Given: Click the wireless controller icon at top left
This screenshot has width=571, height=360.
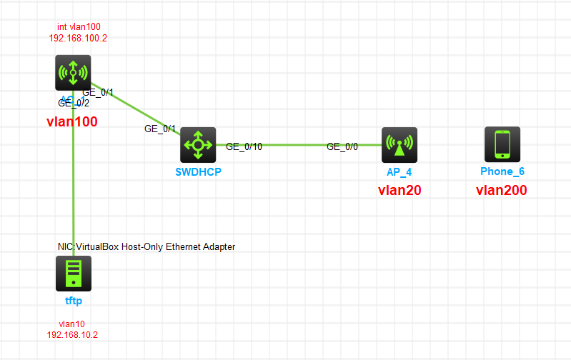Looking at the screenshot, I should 73,73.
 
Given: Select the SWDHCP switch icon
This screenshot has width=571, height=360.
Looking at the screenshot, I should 198,145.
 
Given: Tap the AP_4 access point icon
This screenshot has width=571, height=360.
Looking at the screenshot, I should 399,145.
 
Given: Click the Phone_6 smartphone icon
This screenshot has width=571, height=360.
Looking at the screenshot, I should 502,144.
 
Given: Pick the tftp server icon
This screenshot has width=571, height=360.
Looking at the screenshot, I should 74,273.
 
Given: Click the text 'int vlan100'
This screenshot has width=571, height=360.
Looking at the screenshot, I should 79,26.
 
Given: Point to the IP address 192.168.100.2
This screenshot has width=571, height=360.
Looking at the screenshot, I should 79,38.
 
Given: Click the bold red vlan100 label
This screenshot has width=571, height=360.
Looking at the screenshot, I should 71,122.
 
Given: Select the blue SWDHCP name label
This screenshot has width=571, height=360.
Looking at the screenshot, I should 198,172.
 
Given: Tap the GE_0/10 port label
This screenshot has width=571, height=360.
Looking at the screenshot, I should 244,146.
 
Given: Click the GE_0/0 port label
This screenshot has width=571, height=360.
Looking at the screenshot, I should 342,146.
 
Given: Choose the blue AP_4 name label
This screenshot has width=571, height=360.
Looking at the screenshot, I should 399,172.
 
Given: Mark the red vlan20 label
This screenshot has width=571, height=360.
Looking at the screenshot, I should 399,190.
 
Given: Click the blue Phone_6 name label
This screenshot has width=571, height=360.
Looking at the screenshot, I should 502,172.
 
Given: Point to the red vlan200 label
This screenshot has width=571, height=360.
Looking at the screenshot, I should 502,190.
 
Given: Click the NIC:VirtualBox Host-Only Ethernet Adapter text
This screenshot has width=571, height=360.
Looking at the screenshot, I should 147,246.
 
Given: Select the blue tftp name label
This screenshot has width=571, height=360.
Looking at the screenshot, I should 74,301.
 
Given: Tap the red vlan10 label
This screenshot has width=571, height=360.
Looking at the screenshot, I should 72,324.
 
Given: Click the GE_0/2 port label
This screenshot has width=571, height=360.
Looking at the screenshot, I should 74,103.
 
